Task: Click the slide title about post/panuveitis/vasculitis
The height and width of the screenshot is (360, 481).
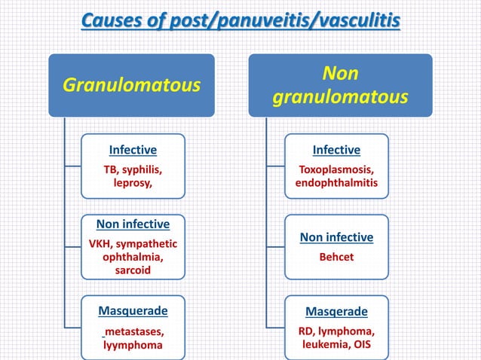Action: [x=240, y=17]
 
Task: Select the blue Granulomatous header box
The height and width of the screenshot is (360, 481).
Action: [x=131, y=84]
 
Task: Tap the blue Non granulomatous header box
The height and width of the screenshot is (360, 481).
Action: [x=340, y=85]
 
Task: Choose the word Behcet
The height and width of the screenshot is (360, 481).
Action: [x=336, y=257]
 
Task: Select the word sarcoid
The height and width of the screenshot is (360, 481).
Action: [x=133, y=270]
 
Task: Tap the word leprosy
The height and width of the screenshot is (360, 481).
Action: [x=133, y=183]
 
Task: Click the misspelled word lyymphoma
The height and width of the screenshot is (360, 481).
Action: [x=133, y=345]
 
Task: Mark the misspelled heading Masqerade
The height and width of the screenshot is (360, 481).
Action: [x=336, y=311]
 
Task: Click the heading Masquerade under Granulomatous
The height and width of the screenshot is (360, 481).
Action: [x=133, y=310]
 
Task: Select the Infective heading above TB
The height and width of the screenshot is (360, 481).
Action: [x=133, y=149]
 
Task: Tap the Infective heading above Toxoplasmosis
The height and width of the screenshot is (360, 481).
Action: [x=336, y=149]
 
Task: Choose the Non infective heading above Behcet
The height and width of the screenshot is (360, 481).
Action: [x=336, y=237]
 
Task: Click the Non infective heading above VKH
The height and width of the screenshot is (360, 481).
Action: [x=133, y=224]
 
